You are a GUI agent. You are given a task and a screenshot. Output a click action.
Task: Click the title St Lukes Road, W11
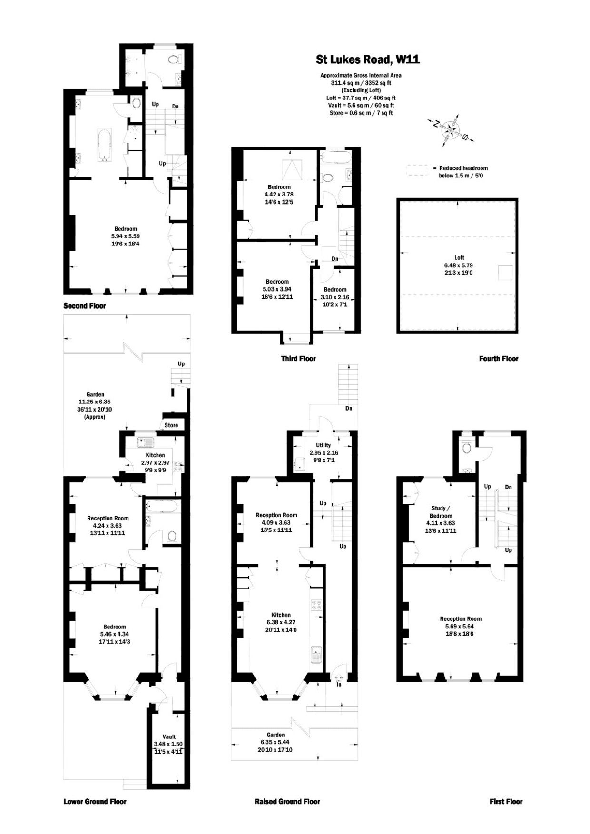pos(368,59)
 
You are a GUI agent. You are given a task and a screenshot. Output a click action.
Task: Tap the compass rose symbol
pos(450,128)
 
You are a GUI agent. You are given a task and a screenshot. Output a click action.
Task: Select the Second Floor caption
pos(85,306)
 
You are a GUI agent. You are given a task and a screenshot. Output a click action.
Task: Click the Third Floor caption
pos(298,358)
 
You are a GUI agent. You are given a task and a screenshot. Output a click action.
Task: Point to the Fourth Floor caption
pos(499,358)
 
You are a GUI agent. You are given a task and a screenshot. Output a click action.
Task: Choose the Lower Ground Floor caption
pos(95,802)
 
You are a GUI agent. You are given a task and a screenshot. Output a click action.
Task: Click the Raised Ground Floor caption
pos(287,802)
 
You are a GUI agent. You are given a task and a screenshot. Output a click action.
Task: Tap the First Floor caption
pos(506,802)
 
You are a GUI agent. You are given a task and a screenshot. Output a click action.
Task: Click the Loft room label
pos(460,257)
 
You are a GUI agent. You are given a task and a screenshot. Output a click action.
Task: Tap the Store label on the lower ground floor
pos(171,425)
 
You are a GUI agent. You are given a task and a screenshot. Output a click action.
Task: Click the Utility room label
pos(324,445)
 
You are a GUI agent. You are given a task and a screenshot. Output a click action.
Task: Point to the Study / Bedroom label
pos(441,512)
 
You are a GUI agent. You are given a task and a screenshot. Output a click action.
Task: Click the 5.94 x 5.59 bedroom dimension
pos(126,236)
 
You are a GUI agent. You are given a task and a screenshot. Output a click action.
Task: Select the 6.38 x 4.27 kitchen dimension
pos(281,622)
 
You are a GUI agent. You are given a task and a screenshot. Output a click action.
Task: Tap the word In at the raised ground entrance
pos(339,685)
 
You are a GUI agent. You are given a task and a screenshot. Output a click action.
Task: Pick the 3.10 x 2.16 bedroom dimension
pos(335,297)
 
